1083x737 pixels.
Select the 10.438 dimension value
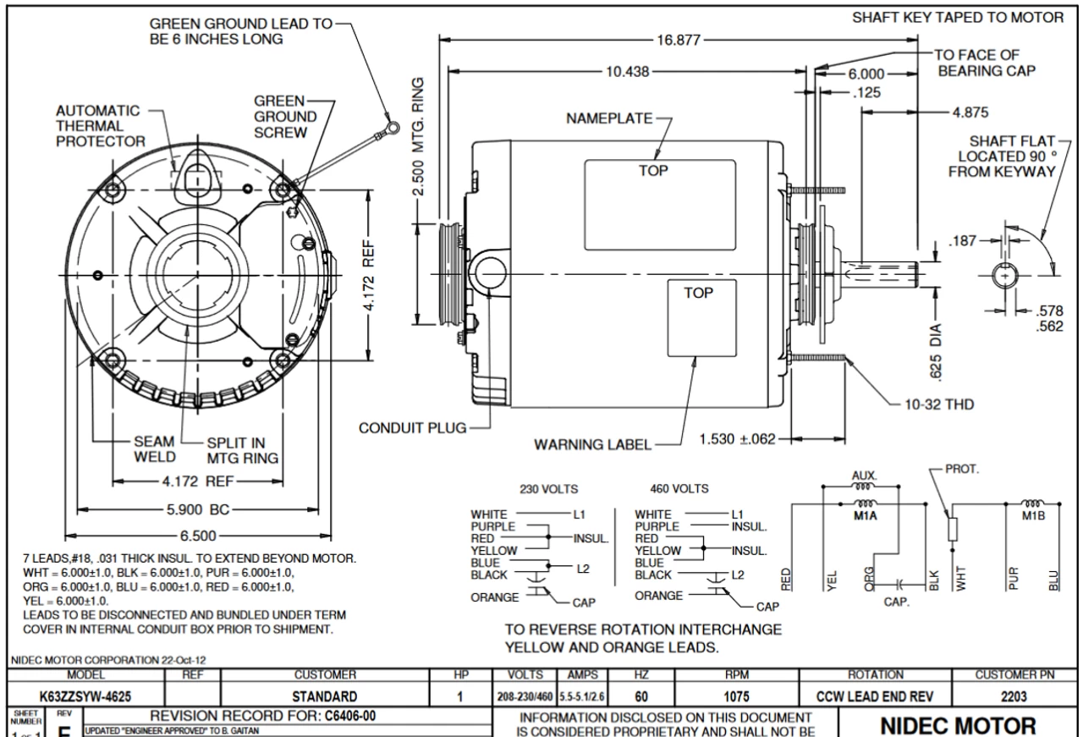pyautogui.click(x=625, y=72)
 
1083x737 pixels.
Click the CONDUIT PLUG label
pyautogui.click(x=412, y=427)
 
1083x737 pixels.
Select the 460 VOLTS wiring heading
pyautogui.click(x=679, y=488)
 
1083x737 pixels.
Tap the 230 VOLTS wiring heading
pyautogui.click(x=542, y=488)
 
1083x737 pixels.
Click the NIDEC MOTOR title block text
pyautogui.click(x=960, y=726)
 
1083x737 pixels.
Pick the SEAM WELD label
pyautogui.click(x=155, y=449)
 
